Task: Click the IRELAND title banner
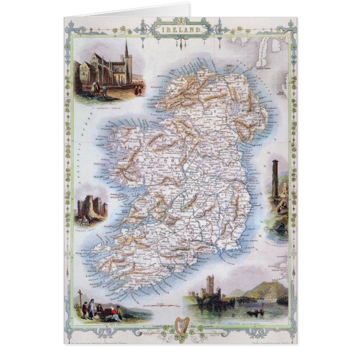point(179,27)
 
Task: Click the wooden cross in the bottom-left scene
point(80,296)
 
